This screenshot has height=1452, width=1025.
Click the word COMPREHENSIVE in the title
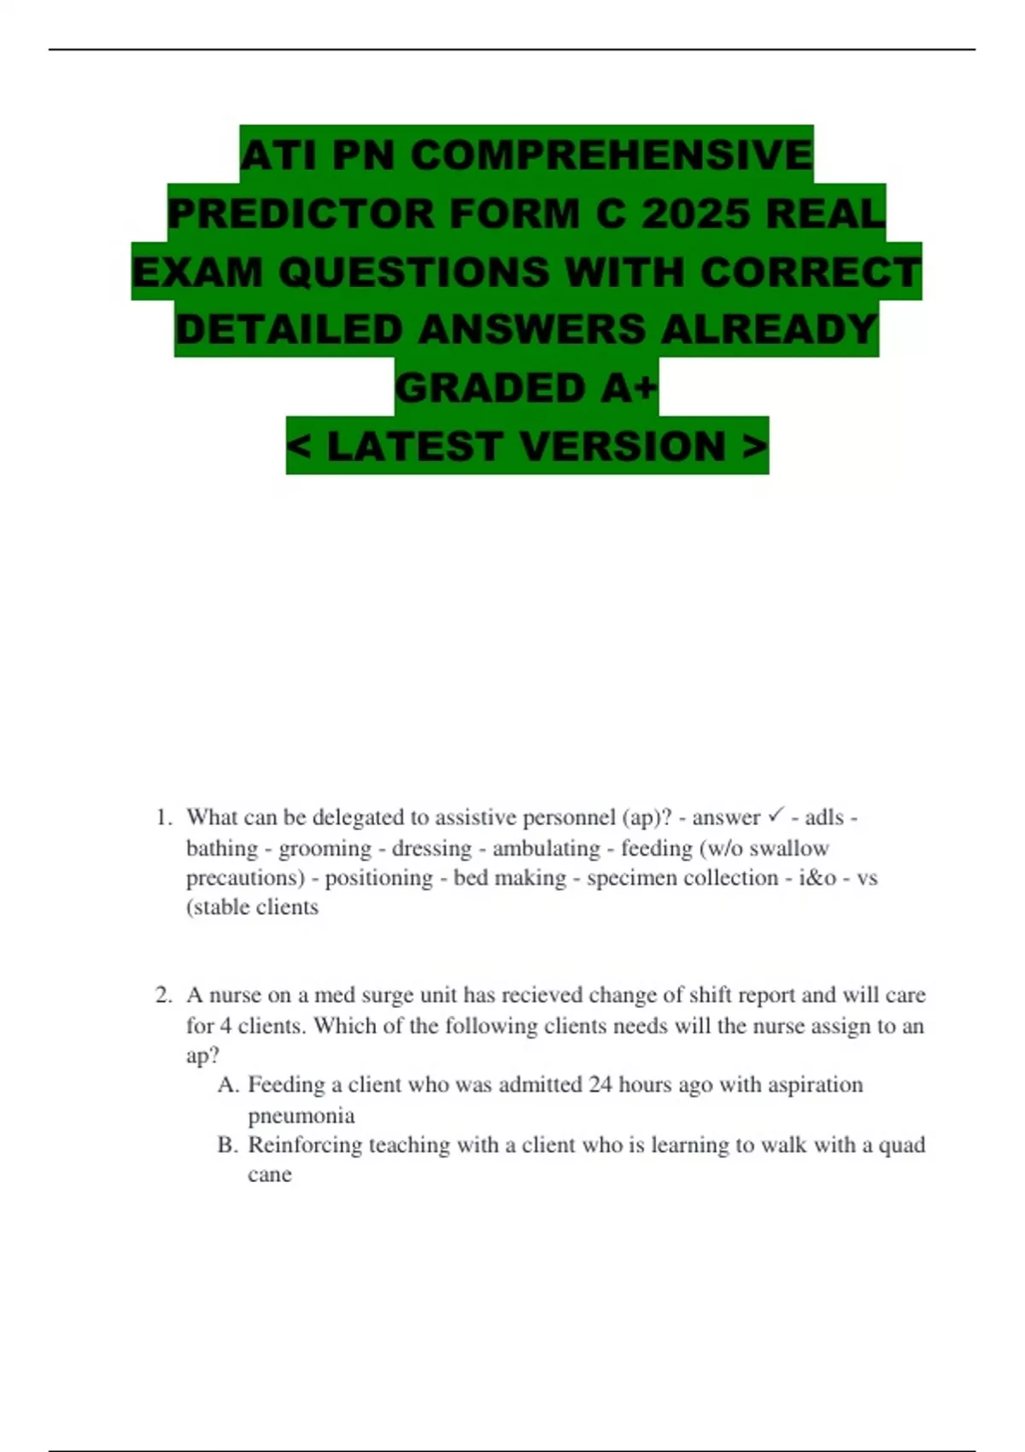point(612,155)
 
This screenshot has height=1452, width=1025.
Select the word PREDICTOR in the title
point(302,214)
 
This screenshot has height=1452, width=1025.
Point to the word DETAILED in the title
point(289,330)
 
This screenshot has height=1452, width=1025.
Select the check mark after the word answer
point(776,817)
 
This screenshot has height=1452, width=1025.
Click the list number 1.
point(163,817)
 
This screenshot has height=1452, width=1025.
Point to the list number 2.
point(163,995)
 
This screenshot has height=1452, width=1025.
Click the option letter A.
point(227,1085)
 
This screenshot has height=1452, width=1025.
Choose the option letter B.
point(227,1145)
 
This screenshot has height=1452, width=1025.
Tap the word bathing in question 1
point(222,848)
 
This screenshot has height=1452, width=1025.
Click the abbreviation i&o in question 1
point(817,878)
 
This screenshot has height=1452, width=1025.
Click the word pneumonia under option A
point(301,1115)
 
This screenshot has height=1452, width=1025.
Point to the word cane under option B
point(269,1174)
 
